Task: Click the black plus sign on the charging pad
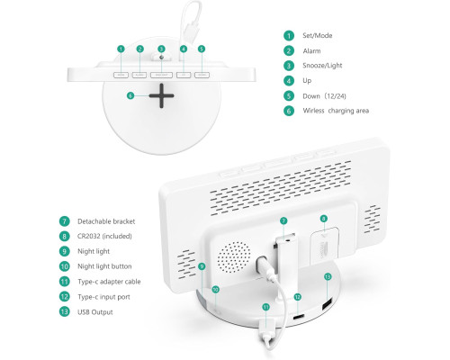(x=161, y=95)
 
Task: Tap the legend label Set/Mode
(x=318, y=36)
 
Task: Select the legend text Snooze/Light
(x=322, y=66)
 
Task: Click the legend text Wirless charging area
(x=336, y=111)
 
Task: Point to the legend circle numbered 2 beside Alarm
(x=289, y=50)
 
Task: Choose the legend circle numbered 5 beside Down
(x=289, y=95)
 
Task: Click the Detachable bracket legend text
(x=106, y=221)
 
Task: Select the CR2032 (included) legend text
(x=104, y=236)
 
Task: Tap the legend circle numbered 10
(x=64, y=266)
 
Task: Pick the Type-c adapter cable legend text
(x=109, y=282)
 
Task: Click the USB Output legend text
(x=95, y=312)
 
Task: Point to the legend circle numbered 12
(x=64, y=297)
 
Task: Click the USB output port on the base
(x=327, y=304)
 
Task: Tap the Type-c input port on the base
(x=299, y=317)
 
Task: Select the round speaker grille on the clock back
(x=234, y=257)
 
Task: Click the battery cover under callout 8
(x=324, y=246)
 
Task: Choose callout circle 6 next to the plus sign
(x=130, y=95)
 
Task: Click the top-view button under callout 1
(x=121, y=75)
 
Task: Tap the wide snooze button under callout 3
(x=161, y=75)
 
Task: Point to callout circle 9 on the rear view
(x=202, y=266)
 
